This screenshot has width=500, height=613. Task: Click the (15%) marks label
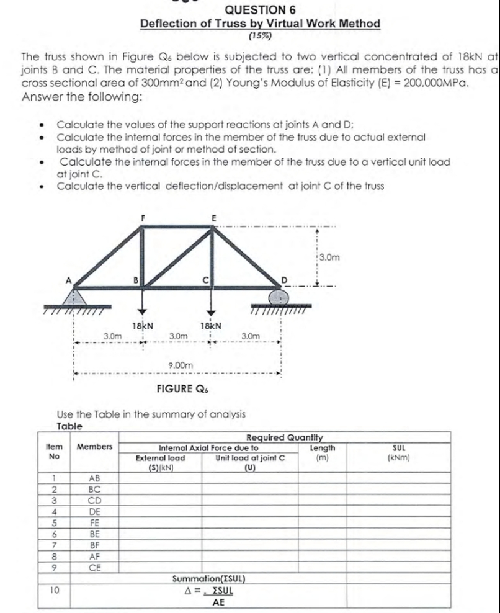click(x=260, y=36)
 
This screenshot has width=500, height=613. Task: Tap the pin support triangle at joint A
click(x=75, y=296)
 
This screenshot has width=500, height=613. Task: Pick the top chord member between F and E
click(x=178, y=228)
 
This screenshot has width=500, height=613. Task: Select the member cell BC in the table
click(x=95, y=489)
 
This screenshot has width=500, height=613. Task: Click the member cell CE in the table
click(x=95, y=567)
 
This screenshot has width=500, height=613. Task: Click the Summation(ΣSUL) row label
click(x=208, y=579)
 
